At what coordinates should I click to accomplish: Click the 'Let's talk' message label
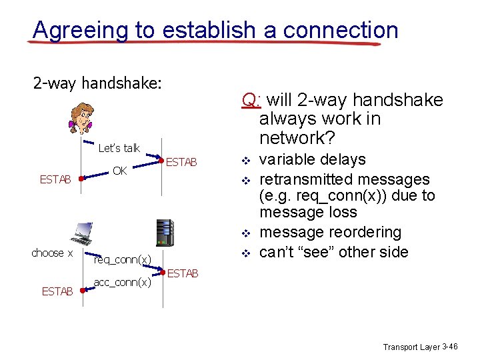pyautogui.click(x=119, y=148)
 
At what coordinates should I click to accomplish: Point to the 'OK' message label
pyautogui.click(x=120, y=171)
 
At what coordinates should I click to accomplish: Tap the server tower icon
pyautogui.click(x=165, y=233)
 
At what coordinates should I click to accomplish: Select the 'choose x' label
pyautogui.click(x=52, y=253)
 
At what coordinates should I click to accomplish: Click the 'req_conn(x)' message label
pyautogui.click(x=123, y=259)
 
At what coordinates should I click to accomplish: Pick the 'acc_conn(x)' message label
pyautogui.click(x=123, y=282)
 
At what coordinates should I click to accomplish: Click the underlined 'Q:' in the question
pyautogui.click(x=251, y=101)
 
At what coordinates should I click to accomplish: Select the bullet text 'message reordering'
pyautogui.click(x=330, y=233)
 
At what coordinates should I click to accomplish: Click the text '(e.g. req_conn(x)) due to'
pyautogui.click(x=347, y=196)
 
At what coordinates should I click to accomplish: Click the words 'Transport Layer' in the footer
pyautogui.click(x=411, y=347)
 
